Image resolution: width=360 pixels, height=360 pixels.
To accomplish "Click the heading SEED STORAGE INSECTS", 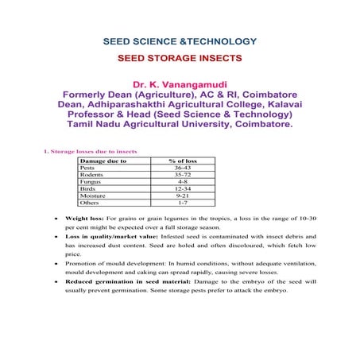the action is (180, 58).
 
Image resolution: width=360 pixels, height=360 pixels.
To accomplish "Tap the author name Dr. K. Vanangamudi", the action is (180, 83).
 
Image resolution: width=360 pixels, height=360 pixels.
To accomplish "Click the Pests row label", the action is (87, 168).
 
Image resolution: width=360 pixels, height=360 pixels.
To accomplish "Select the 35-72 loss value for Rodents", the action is (182, 175).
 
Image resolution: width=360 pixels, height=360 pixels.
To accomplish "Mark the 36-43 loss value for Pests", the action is (182, 168).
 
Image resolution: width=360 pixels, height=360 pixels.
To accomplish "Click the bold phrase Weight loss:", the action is (85, 217).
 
